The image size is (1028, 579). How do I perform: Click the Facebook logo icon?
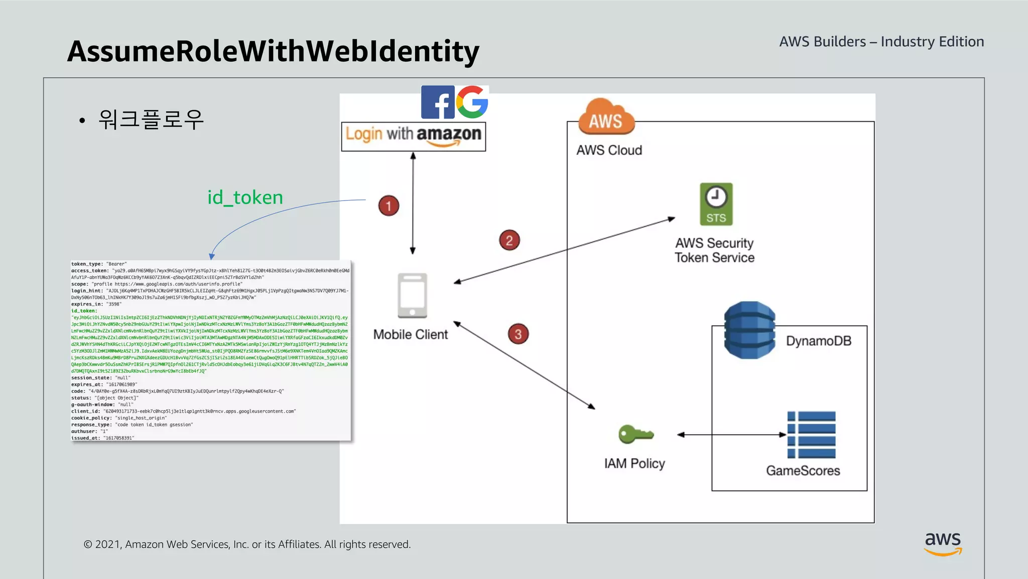click(x=438, y=102)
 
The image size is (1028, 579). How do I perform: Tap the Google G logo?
click(x=472, y=102)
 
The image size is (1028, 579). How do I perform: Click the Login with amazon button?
click(x=413, y=136)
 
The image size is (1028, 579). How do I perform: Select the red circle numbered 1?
click(x=389, y=206)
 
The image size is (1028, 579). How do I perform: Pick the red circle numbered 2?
click(x=509, y=240)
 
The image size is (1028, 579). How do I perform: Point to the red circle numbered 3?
click(x=518, y=334)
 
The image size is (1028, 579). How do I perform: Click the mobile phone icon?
click(x=412, y=296)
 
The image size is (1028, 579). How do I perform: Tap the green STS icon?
click(x=716, y=204)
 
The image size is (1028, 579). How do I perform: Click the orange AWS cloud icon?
click(x=606, y=118)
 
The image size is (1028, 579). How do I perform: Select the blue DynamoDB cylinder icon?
click(x=749, y=330)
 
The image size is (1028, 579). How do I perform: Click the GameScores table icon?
click(x=811, y=435)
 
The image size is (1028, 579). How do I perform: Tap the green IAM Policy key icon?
click(x=635, y=434)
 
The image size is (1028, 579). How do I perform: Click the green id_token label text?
click(x=245, y=198)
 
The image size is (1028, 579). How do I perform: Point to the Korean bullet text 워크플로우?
click(x=151, y=120)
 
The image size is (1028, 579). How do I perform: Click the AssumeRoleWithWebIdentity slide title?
click(x=273, y=51)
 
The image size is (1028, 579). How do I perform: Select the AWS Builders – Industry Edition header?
click(x=881, y=42)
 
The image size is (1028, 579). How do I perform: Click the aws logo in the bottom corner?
click(x=943, y=543)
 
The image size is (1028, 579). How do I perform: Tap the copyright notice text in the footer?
click(x=247, y=544)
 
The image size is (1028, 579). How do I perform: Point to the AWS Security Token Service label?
click(x=714, y=250)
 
